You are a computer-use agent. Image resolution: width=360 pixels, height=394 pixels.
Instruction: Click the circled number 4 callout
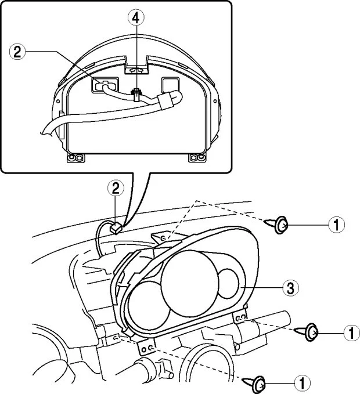tap(136, 18)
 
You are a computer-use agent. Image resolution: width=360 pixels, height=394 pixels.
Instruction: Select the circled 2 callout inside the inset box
tap(17, 52)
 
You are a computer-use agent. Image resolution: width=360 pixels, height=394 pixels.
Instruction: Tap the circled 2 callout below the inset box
tap(116, 189)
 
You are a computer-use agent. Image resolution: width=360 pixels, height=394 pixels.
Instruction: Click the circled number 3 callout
tap(291, 288)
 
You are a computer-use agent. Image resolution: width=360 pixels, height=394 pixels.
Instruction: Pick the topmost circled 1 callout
tap(336, 225)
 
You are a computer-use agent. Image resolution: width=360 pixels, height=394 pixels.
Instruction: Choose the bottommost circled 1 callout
tap(303, 384)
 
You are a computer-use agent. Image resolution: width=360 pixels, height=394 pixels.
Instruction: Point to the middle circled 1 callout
tap(352, 332)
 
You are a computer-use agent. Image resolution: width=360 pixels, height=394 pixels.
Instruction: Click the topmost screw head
tap(281, 225)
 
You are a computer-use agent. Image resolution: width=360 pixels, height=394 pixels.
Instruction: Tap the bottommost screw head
tap(259, 385)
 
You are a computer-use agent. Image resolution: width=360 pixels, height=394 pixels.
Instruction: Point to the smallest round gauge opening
tap(228, 283)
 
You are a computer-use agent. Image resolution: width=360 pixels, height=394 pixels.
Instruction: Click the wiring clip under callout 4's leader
tap(136, 95)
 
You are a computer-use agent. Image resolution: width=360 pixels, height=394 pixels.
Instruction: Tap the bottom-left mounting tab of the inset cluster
tap(75, 158)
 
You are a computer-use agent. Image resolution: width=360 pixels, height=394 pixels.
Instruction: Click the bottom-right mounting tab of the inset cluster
tap(197, 158)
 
